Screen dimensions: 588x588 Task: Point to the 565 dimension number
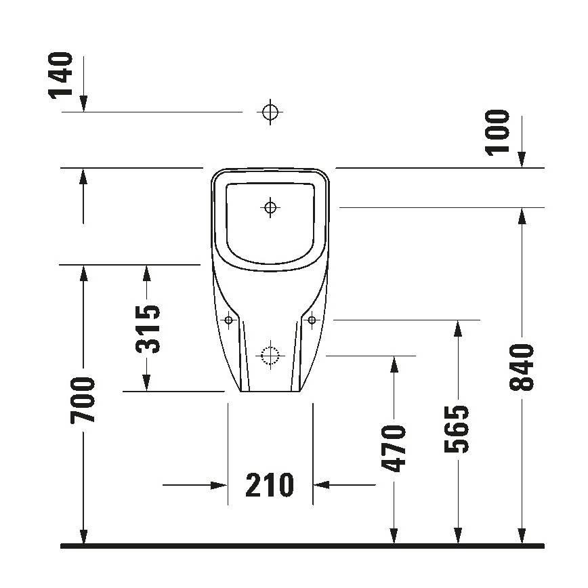coord(458,429)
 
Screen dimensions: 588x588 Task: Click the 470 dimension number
coord(394,448)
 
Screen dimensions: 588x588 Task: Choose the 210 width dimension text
coord(270,485)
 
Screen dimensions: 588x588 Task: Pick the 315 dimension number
coord(148,329)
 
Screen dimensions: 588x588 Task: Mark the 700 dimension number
coord(83,401)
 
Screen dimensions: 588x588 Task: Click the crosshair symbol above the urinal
coord(270,112)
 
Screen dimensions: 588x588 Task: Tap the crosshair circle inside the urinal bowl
coord(270,207)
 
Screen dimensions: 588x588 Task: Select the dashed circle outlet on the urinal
coord(270,355)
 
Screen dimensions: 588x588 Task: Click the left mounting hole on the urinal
coord(229,319)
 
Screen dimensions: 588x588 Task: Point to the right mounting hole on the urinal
coord(312,319)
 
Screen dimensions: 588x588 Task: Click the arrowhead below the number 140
coord(83,103)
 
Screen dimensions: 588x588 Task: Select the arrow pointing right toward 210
coord(218,485)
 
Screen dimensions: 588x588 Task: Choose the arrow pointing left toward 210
coord(321,485)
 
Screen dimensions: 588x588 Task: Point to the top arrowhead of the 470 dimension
coord(394,364)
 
